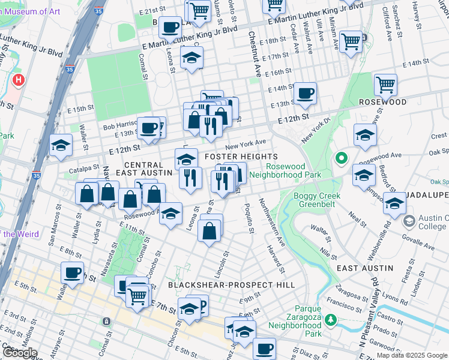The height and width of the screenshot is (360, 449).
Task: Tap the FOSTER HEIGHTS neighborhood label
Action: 241,157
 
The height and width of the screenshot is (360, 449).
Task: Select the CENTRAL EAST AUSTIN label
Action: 143,169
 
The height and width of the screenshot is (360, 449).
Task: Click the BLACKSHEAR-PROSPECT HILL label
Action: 231,285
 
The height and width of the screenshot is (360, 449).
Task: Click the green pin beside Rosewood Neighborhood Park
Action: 342,159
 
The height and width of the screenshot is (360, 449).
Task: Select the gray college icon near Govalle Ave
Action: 409,221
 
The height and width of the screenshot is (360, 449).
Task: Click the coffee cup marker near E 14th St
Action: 306,94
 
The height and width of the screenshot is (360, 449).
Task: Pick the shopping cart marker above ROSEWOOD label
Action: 385,85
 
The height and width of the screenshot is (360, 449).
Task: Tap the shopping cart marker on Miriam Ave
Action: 351,41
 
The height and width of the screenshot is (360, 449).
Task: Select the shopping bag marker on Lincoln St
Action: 209,230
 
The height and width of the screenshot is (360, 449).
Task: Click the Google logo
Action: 19,353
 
